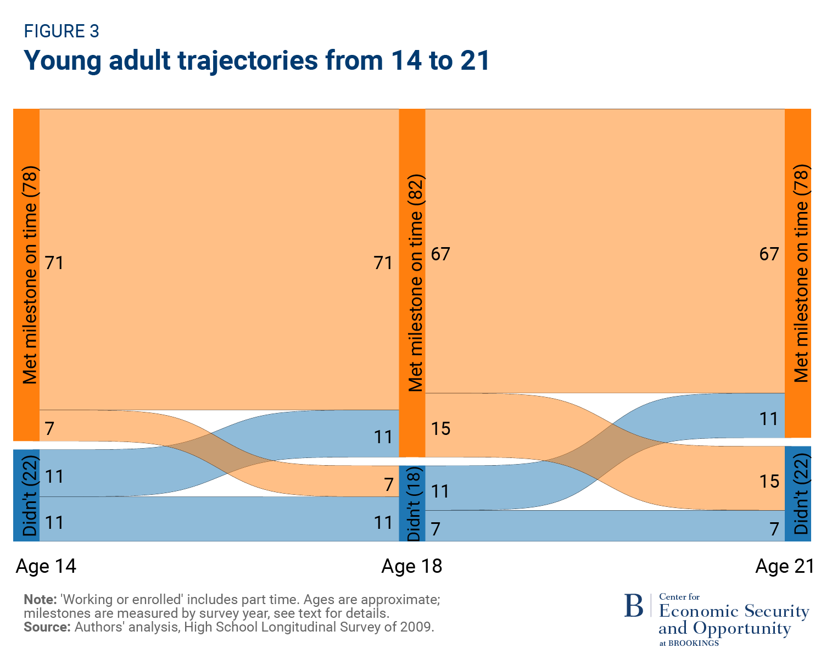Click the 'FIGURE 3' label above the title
(x=62, y=31)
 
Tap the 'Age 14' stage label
(x=46, y=566)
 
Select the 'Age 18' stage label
(x=411, y=566)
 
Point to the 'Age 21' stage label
(x=784, y=566)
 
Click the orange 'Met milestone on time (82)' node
(x=412, y=282)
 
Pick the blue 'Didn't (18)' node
(x=412, y=503)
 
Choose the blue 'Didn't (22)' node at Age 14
(x=26, y=495)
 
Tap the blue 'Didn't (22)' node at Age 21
(x=798, y=493)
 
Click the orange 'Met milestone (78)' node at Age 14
(x=26, y=275)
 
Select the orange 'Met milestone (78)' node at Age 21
(x=798, y=273)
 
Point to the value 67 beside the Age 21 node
(x=769, y=254)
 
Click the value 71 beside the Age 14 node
(x=54, y=263)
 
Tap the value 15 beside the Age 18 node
(x=440, y=428)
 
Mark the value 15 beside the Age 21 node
(x=769, y=481)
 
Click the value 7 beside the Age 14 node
(x=49, y=428)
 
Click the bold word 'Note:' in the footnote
(x=40, y=599)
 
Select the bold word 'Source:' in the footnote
(x=47, y=627)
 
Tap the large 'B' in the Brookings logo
(x=634, y=606)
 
